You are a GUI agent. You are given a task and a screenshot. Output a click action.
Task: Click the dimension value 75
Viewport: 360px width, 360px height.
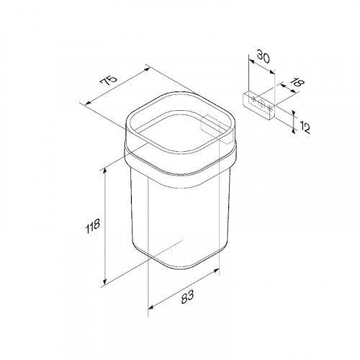(x=109, y=81)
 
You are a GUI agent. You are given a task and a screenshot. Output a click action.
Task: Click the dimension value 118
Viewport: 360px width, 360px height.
(x=93, y=226)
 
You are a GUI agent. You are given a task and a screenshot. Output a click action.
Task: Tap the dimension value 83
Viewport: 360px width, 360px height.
(x=187, y=297)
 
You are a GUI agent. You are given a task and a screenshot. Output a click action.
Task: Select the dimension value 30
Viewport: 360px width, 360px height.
(x=264, y=57)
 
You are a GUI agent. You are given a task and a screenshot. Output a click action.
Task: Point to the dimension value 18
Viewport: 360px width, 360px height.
(x=298, y=83)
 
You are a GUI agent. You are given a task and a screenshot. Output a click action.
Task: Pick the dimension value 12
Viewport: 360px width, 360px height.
(x=305, y=127)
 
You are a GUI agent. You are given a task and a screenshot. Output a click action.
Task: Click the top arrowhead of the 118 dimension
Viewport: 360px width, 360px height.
(x=104, y=171)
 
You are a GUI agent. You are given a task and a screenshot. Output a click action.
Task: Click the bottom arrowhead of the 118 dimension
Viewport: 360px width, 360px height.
(x=104, y=282)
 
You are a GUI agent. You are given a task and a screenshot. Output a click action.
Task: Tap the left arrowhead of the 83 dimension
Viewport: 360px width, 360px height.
(x=151, y=307)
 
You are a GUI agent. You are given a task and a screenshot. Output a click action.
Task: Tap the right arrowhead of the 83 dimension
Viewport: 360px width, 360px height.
(x=217, y=271)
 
